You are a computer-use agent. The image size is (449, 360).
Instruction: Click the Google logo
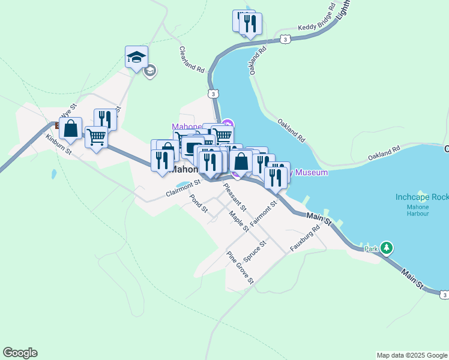(x=20, y=353)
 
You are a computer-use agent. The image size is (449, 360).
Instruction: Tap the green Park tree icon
(x=387, y=248)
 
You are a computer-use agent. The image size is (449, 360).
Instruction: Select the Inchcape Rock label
(x=422, y=197)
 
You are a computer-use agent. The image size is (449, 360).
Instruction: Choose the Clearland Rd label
(x=192, y=59)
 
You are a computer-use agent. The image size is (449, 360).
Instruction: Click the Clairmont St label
(x=182, y=189)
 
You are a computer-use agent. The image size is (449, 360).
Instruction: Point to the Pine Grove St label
(x=240, y=267)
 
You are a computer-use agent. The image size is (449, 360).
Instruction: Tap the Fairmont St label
(x=264, y=213)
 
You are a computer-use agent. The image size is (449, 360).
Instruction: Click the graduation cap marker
(x=136, y=58)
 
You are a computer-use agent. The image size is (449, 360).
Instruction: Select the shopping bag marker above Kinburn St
(x=70, y=128)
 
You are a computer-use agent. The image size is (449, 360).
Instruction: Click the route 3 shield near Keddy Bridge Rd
(x=285, y=40)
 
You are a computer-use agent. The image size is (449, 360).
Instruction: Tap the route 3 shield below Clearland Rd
(x=213, y=94)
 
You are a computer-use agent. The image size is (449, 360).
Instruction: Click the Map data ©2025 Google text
(x=412, y=355)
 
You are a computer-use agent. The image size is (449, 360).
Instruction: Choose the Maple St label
(x=239, y=220)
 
